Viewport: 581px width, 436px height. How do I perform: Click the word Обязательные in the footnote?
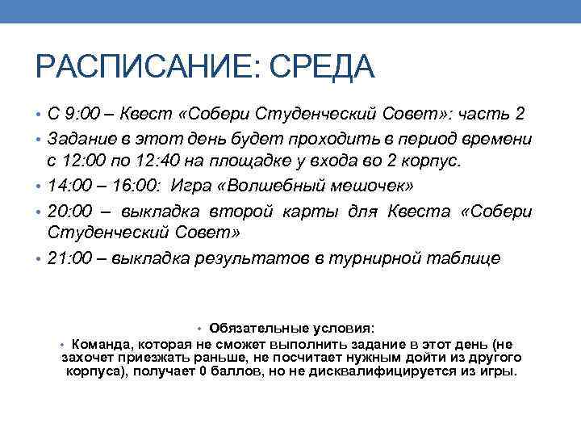(x=252, y=329)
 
